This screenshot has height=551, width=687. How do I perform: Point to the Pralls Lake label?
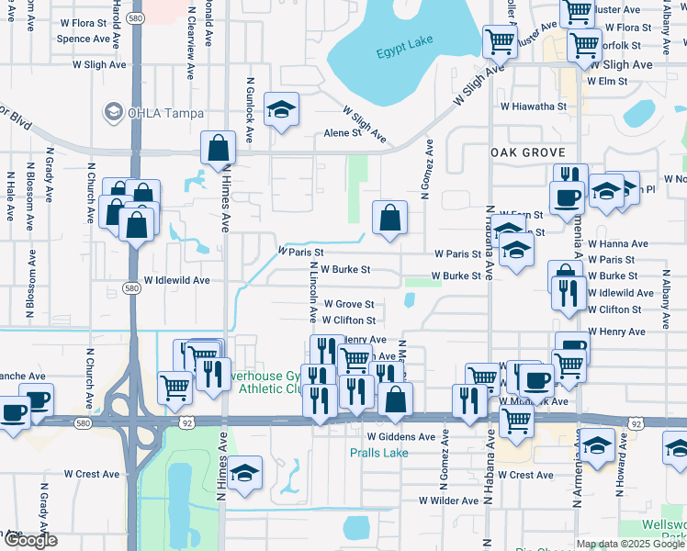[x=378, y=453]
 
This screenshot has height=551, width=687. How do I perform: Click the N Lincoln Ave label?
[x=312, y=299]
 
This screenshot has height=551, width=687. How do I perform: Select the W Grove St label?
[x=347, y=304]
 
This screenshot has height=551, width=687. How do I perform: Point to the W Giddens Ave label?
[x=400, y=437]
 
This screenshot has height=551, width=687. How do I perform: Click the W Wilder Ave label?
[x=448, y=500]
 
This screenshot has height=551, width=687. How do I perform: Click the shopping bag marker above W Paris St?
[x=389, y=219]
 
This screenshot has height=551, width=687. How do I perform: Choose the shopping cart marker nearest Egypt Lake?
[x=500, y=41]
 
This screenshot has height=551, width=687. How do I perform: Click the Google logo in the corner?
[x=30, y=540]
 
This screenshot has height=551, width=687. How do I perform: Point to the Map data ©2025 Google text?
[x=630, y=544]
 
